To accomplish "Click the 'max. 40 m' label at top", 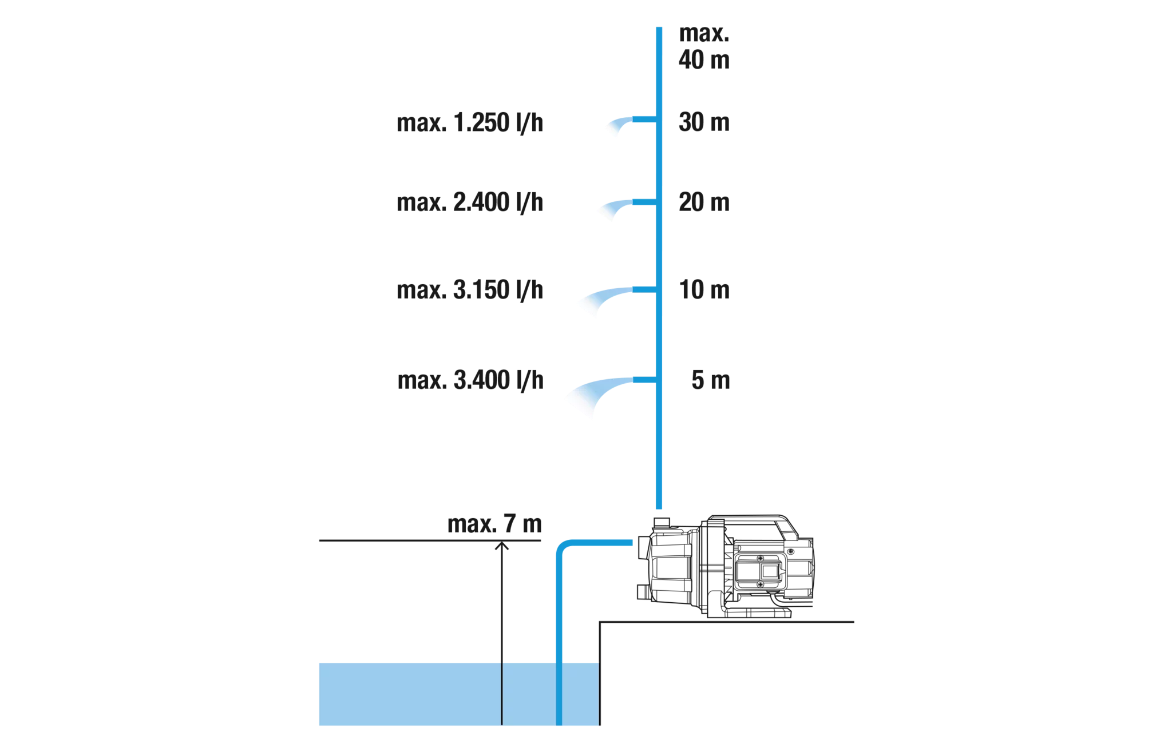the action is [x=704, y=47].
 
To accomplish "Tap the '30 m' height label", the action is [x=704, y=122].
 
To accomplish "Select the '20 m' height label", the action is [x=704, y=202].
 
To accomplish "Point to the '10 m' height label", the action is [x=704, y=290].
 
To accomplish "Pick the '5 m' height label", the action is [x=711, y=380].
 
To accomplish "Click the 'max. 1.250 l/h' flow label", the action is [x=470, y=123].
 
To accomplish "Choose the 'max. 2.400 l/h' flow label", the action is [x=470, y=202].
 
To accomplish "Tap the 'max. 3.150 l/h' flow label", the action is [x=470, y=290].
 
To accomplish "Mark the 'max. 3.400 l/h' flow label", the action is [x=470, y=380].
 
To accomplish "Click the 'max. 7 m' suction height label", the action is [x=494, y=524].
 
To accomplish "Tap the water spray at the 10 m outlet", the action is [x=607, y=297].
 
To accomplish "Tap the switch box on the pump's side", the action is [x=759, y=571].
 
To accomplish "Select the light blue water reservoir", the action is [x=459, y=694].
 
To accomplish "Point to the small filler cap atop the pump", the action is [x=662, y=522].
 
